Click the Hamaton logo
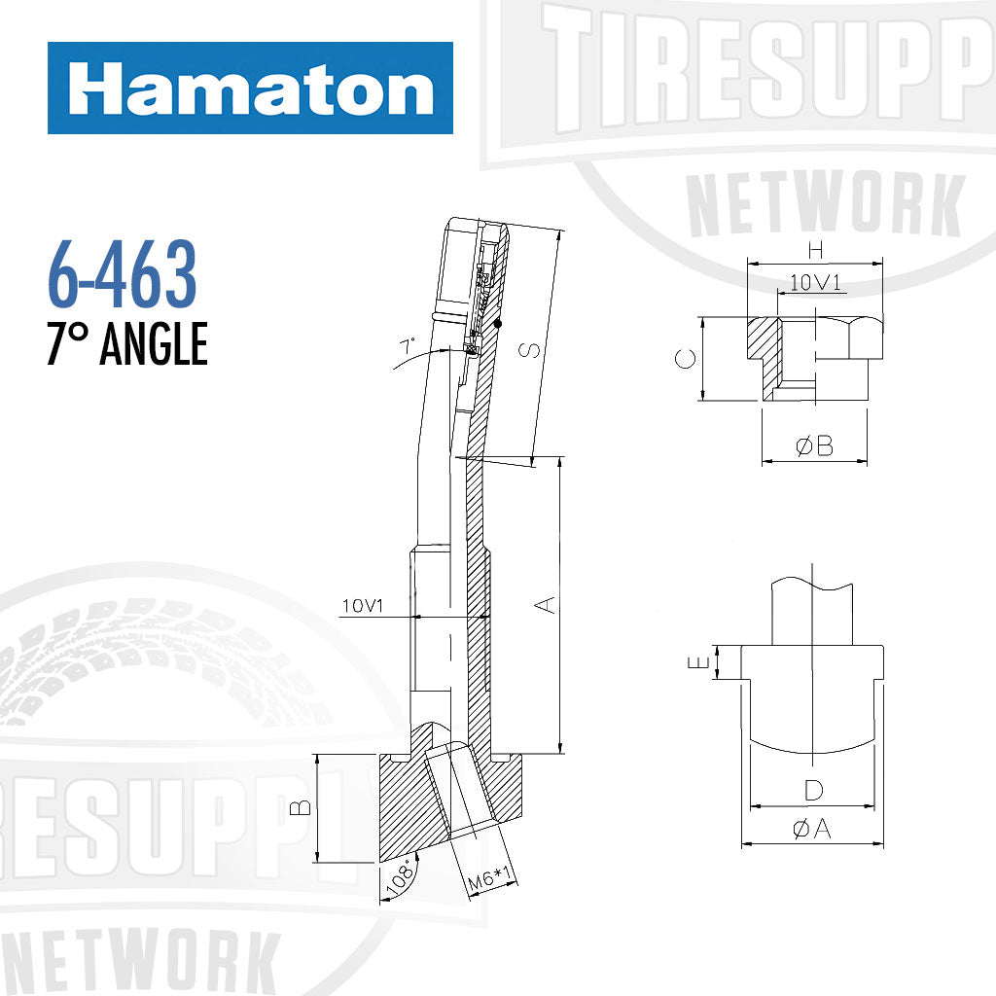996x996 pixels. point(250,89)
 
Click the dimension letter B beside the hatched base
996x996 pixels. point(302,806)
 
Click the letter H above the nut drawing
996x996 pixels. point(815,249)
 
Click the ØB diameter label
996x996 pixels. point(814,446)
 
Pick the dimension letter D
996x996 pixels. point(814,790)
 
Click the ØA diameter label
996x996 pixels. point(813,829)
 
